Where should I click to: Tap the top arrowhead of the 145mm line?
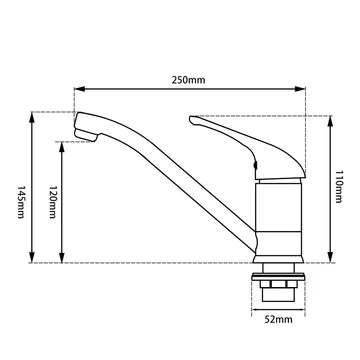tap(36, 115)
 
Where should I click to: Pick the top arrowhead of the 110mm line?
tap(330, 118)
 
